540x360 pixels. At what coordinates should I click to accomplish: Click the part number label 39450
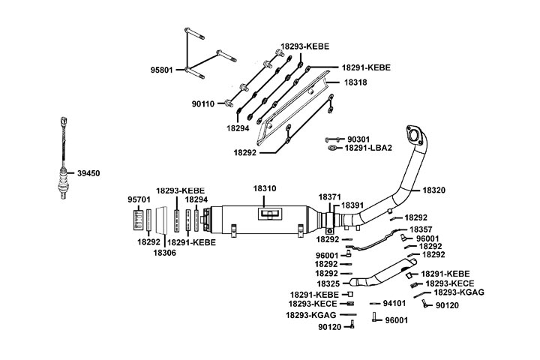(88, 173)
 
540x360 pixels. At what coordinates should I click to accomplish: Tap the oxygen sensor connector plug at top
(63, 121)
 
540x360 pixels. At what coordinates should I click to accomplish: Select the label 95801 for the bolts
(161, 70)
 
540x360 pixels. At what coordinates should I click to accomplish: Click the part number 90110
(202, 103)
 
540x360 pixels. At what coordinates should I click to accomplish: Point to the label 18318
(355, 82)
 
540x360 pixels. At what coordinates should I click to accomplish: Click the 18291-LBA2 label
(368, 148)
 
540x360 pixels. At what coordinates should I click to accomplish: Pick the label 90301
(358, 139)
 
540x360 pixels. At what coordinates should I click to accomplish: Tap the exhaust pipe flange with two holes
(414, 135)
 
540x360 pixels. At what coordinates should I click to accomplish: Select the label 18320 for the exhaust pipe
(434, 190)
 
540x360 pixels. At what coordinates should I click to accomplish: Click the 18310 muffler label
(265, 188)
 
